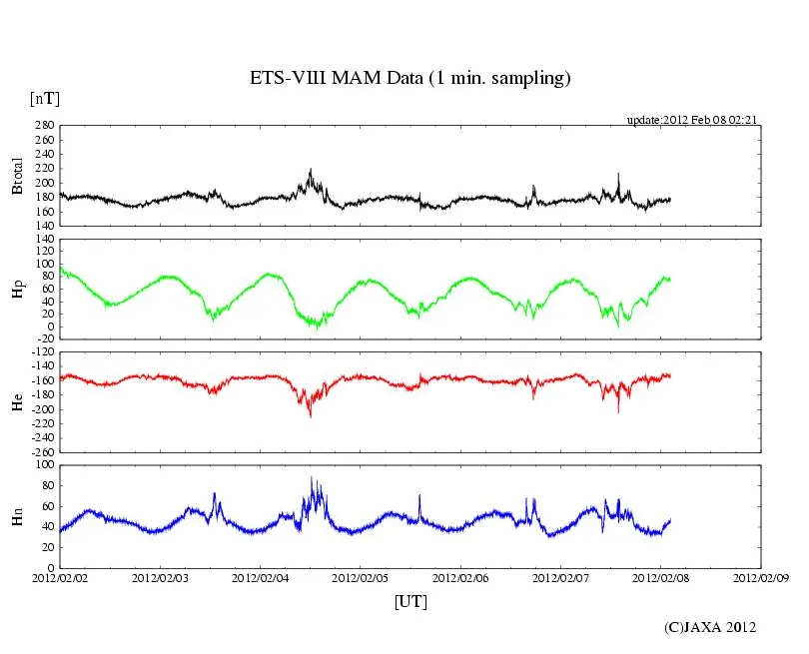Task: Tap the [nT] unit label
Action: (x=45, y=98)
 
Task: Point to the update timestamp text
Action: (x=690, y=120)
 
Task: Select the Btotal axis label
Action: (x=17, y=175)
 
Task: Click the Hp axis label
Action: (x=17, y=290)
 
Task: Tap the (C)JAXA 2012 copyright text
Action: (x=710, y=627)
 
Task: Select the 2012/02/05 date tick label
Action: (x=361, y=577)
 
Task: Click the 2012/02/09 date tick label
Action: (x=761, y=577)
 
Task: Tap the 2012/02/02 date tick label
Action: (x=60, y=577)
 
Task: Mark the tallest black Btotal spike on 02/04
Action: (x=311, y=170)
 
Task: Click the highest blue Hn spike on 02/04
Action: (x=312, y=478)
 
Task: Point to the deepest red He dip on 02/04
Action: (x=310, y=415)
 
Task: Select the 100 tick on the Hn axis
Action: (x=43, y=465)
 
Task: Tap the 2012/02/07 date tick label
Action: (x=561, y=577)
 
